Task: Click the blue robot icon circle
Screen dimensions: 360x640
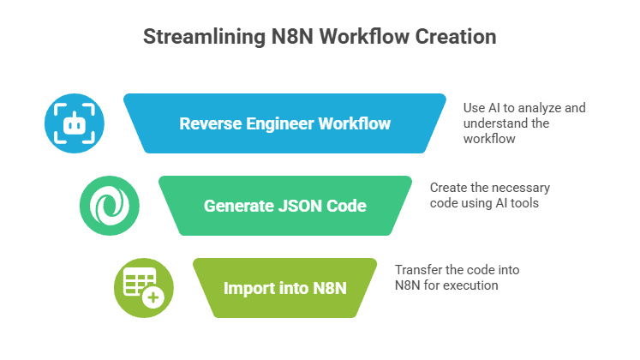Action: (75, 123)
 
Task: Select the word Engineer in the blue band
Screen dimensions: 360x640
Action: (276, 123)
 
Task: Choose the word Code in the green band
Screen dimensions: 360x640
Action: (342, 206)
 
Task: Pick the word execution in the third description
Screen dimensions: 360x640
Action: (470, 285)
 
